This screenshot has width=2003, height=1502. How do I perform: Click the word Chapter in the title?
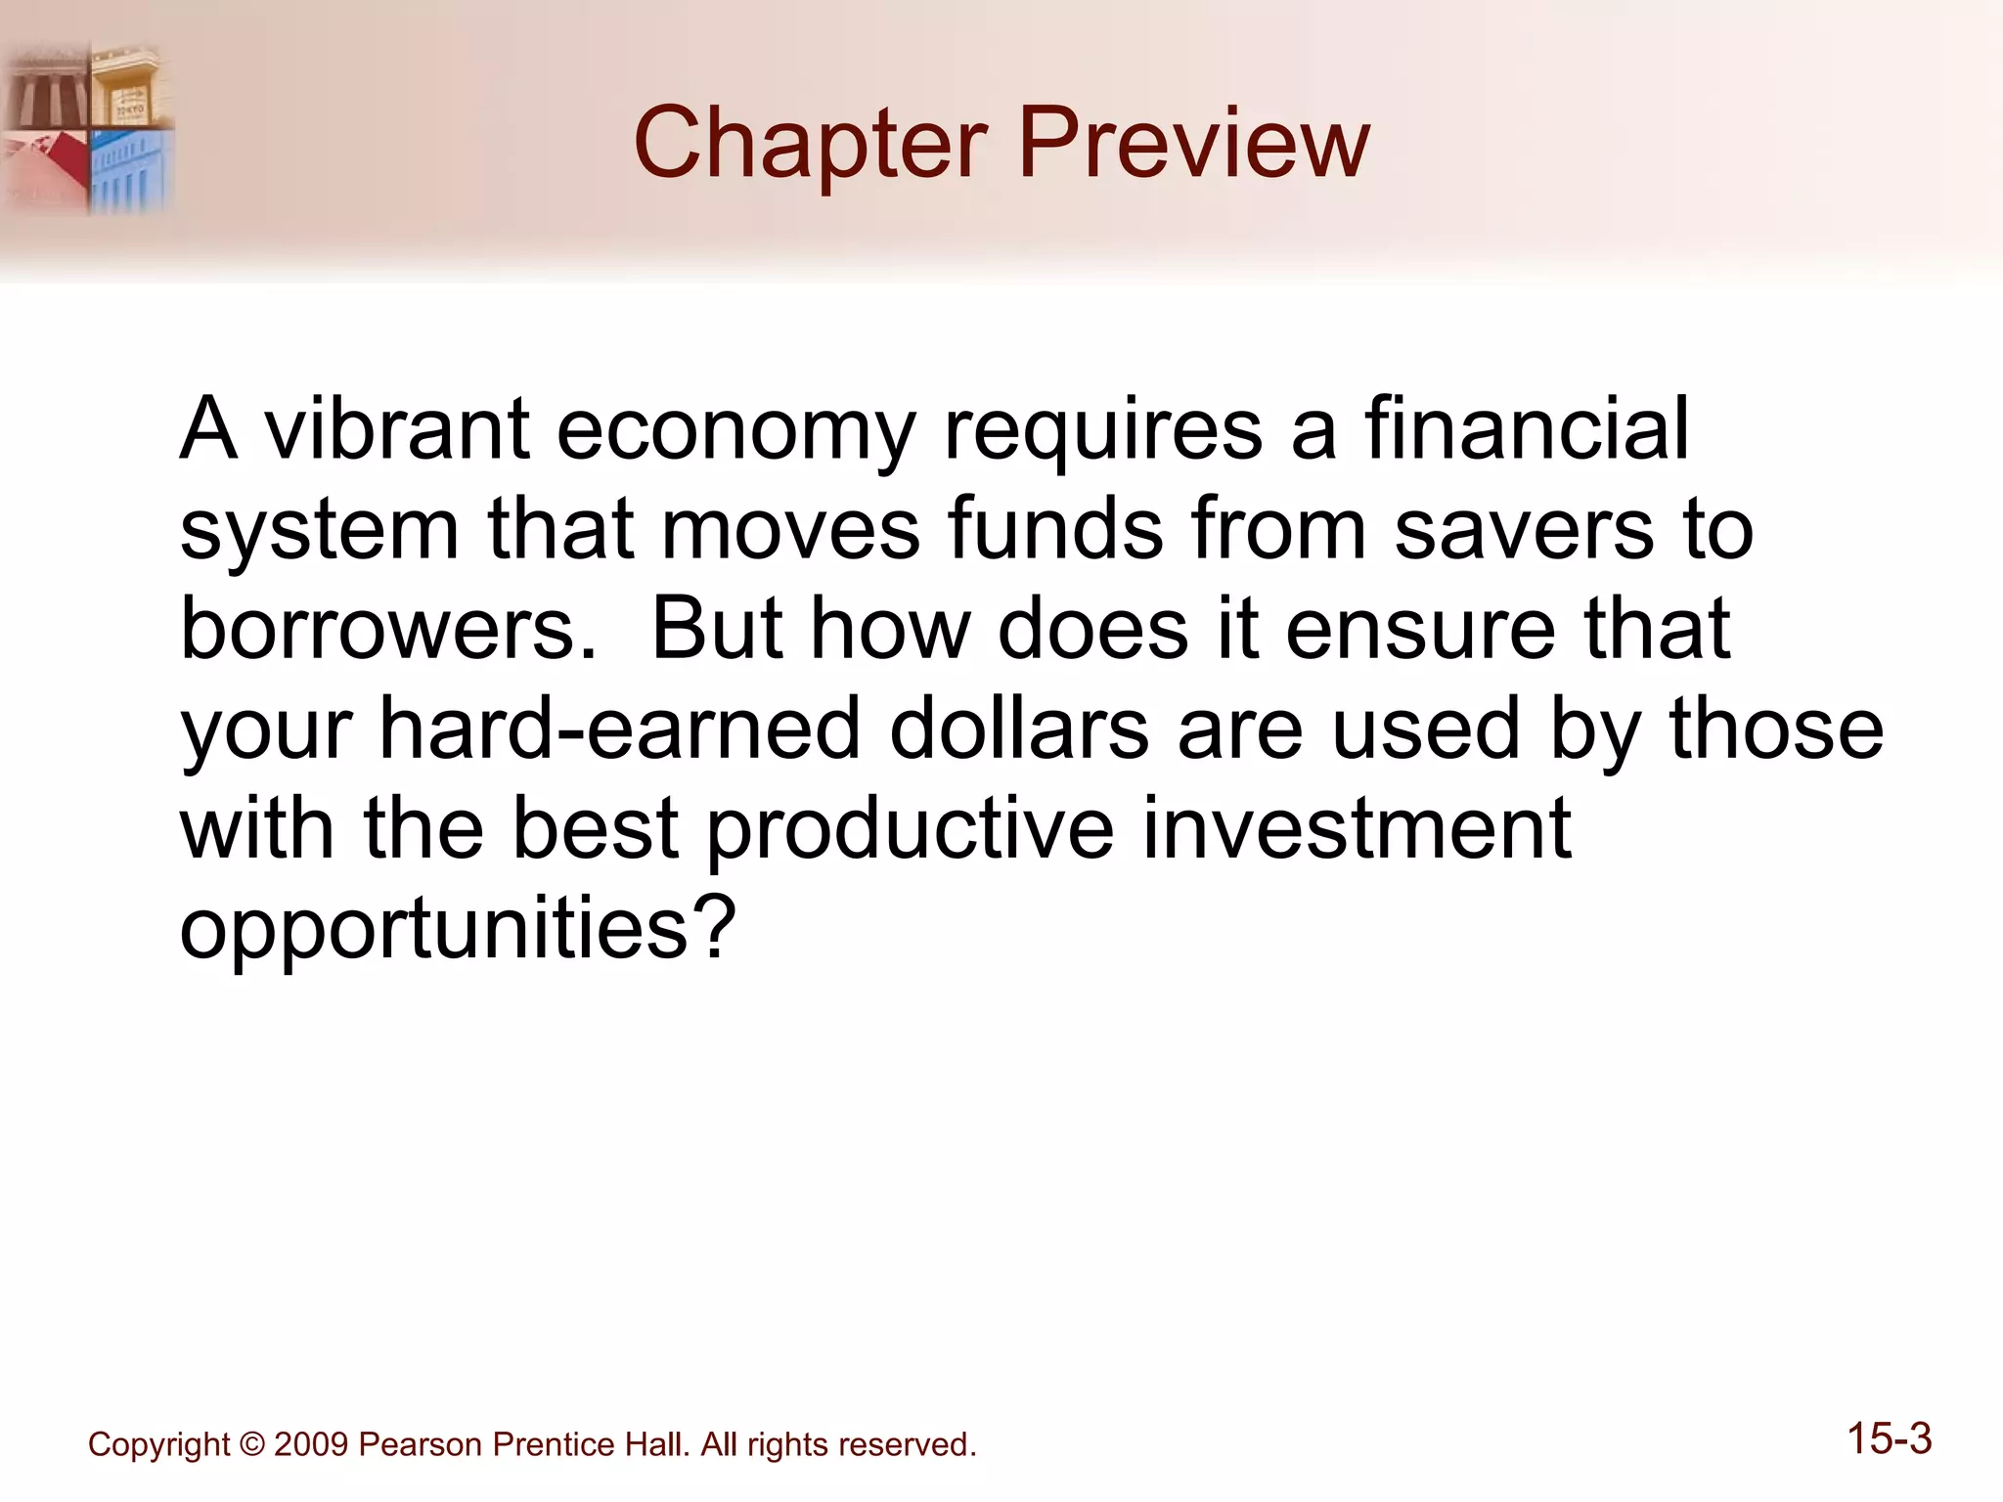(811, 144)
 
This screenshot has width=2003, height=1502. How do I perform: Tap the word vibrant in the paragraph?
(398, 429)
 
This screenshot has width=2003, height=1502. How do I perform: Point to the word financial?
(1527, 429)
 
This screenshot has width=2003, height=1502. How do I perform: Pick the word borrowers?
(388, 629)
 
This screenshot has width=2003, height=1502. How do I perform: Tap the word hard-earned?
(619, 729)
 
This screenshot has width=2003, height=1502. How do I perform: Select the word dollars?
(1019, 729)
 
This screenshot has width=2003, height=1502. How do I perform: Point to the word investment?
(1357, 828)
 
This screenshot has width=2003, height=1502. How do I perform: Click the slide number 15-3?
(1889, 1439)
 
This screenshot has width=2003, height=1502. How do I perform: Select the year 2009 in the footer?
(310, 1444)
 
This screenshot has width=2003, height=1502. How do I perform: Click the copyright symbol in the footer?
(251, 1444)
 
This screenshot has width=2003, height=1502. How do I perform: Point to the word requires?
(1102, 431)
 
